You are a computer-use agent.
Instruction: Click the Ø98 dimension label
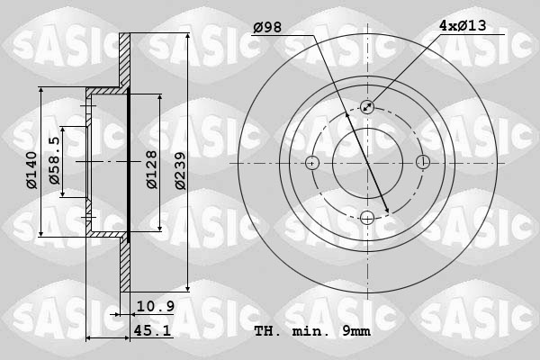(267, 27)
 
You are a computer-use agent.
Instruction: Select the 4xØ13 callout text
(463, 25)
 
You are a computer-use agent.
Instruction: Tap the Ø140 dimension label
(31, 170)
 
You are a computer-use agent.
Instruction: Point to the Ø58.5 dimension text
(54, 160)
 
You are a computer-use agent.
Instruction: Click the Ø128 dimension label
(151, 169)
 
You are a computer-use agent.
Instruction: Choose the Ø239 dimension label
(180, 170)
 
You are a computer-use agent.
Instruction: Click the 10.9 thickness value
(156, 306)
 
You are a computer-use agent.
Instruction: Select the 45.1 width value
(152, 330)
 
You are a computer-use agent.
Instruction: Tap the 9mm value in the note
(356, 331)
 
